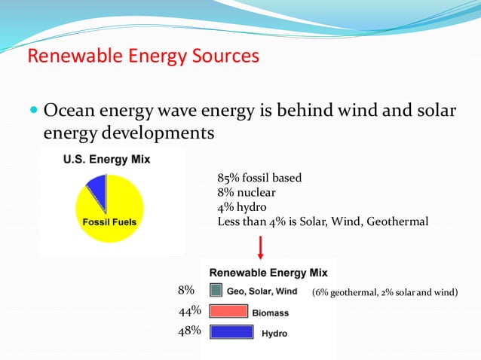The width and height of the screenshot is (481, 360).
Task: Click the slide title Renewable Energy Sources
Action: coord(143,56)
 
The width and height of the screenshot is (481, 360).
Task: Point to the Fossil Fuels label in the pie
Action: coord(109,223)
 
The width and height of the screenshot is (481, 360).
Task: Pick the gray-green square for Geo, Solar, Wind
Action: coord(216,291)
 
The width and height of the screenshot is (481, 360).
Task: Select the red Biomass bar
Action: coord(228,311)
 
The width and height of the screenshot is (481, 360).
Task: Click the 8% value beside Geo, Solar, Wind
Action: coord(186,290)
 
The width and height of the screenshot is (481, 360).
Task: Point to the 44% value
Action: coord(190,310)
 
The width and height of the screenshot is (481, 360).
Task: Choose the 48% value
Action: coord(190,331)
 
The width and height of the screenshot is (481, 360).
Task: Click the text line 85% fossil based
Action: coord(259,178)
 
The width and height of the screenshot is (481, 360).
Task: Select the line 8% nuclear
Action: coord(247,193)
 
